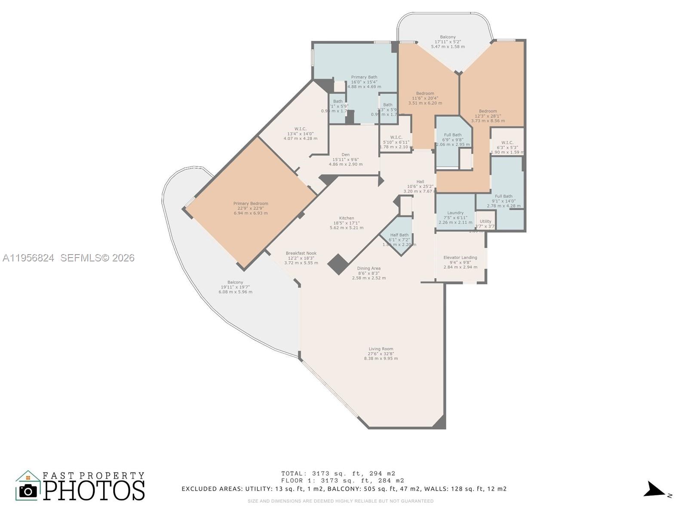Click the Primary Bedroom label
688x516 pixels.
point(251,208)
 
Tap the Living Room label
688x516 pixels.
point(381,353)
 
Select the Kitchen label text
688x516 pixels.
point(346,223)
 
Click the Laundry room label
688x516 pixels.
point(455,217)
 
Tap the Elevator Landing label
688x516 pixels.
point(460,262)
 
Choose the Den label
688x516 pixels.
point(345,159)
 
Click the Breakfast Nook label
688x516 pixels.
point(301,258)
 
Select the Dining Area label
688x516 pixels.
point(369,273)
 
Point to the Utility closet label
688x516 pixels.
point(485,223)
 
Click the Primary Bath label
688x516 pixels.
point(364,82)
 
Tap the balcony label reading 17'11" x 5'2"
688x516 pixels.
point(448,42)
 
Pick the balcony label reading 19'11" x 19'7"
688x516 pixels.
point(235,287)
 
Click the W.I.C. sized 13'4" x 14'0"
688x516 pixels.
point(300,133)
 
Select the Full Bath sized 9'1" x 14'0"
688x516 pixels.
point(504,201)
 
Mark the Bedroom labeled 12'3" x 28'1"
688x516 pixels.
point(488,116)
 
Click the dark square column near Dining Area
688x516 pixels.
point(338,264)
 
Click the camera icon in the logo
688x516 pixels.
point(28,491)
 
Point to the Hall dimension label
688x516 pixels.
point(420,187)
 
